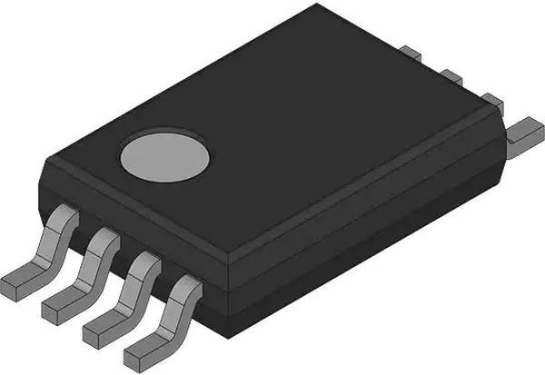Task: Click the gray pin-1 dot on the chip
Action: tap(164, 155)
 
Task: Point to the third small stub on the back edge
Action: tap(490, 99)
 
